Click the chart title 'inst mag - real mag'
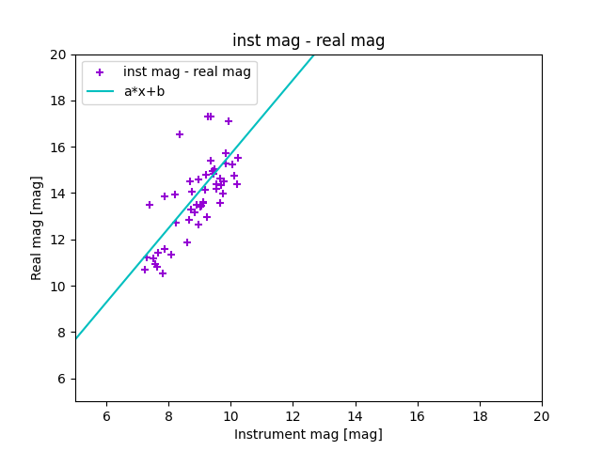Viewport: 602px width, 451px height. [309, 40]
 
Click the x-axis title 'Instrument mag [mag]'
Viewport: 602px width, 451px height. [309, 434]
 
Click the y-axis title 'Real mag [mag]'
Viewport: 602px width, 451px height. [37, 227]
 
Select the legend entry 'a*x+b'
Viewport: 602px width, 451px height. [144, 91]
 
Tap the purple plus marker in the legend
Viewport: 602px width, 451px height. [100, 71]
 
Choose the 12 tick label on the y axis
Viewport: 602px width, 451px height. [58, 240]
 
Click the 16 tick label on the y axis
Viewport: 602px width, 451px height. [58, 148]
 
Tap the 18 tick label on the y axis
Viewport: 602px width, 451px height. [58, 101]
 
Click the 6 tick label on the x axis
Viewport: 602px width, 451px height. [106, 416]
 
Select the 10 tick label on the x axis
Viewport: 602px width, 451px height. [230, 416]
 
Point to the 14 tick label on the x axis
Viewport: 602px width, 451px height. [356, 416]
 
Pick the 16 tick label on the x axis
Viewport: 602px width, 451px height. [418, 416]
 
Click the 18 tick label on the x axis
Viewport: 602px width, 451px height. [480, 416]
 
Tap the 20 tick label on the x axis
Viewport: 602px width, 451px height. [542, 416]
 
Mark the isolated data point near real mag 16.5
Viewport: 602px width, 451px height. [180, 134]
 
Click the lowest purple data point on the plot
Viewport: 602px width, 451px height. [163, 273]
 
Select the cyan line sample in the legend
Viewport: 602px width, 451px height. [100, 91]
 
